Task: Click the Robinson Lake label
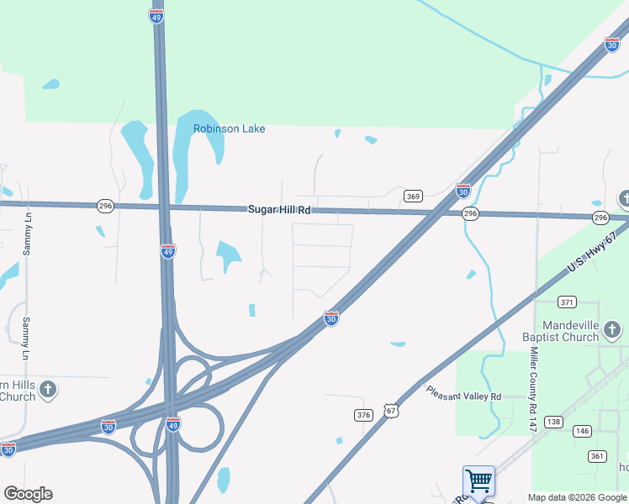point(229,129)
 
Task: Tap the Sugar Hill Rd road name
point(279,209)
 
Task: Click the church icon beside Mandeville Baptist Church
point(612,329)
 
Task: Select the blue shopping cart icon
point(478,481)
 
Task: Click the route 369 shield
point(412,196)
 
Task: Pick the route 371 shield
point(568,302)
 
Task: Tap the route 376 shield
point(363,415)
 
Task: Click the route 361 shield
point(596,456)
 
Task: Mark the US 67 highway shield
point(389,410)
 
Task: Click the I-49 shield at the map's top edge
point(156,16)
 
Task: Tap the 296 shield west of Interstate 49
point(105,205)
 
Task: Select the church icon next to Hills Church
point(49,389)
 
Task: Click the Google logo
point(28,493)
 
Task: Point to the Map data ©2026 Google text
point(578,497)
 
